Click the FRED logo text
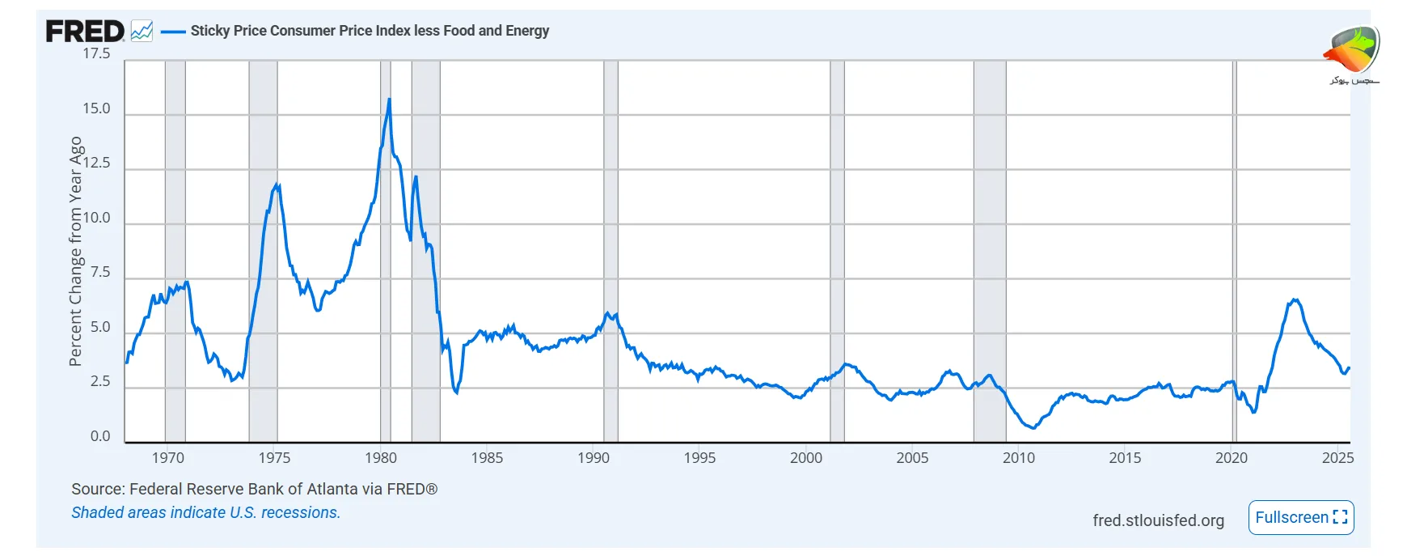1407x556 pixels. pyautogui.click(x=85, y=32)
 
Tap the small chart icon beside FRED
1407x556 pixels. pyautogui.click(x=142, y=32)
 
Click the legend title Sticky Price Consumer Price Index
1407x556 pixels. pyautogui.click(x=370, y=31)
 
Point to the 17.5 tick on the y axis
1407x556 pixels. pyautogui.click(x=96, y=53)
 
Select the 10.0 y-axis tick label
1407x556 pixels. pyautogui.click(x=96, y=218)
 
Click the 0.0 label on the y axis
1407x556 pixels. pyautogui.click(x=100, y=436)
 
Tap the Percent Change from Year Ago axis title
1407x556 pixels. pyautogui.click(x=76, y=251)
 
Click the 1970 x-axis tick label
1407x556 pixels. pyautogui.click(x=167, y=458)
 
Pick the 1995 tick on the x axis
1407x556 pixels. pyautogui.click(x=699, y=458)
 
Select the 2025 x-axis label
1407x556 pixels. pyautogui.click(x=1337, y=458)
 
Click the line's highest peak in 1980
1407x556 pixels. pyautogui.click(x=389, y=100)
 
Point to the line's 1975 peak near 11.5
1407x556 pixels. pyautogui.click(x=278, y=185)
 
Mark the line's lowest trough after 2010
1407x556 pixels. pyautogui.click(x=1033, y=427)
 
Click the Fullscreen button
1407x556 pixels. pyautogui.click(x=1300, y=517)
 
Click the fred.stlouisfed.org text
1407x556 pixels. pyautogui.click(x=1158, y=520)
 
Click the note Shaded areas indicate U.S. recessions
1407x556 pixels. pyautogui.click(x=205, y=512)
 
